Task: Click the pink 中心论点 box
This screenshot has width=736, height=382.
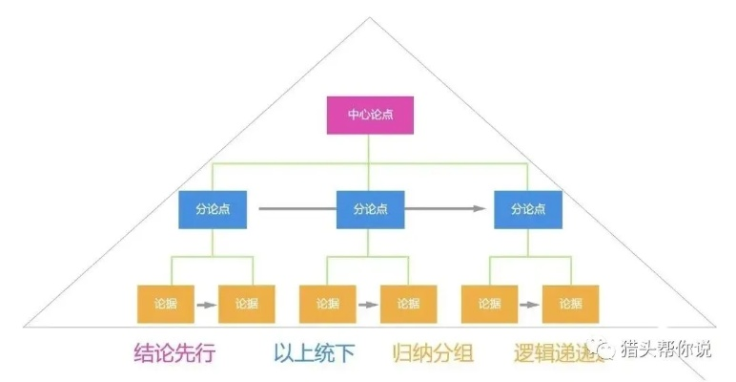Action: click(370, 116)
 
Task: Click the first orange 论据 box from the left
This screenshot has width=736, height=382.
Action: click(165, 304)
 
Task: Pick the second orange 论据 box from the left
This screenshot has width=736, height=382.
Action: click(246, 304)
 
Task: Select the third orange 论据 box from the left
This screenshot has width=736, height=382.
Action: click(327, 304)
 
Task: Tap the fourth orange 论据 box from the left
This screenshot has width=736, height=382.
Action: click(408, 304)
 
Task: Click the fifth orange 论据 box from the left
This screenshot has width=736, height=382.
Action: click(489, 304)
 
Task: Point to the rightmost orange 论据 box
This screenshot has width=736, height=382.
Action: click(570, 304)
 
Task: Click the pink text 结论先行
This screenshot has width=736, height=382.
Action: click(174, 353)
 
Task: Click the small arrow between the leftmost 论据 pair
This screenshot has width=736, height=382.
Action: click(205, 305)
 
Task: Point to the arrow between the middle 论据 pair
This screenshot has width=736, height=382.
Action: click(367, 305)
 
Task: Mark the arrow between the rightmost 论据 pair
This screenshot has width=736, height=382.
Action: click(529, 305)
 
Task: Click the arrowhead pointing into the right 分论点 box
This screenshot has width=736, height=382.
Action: click(481, 208)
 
